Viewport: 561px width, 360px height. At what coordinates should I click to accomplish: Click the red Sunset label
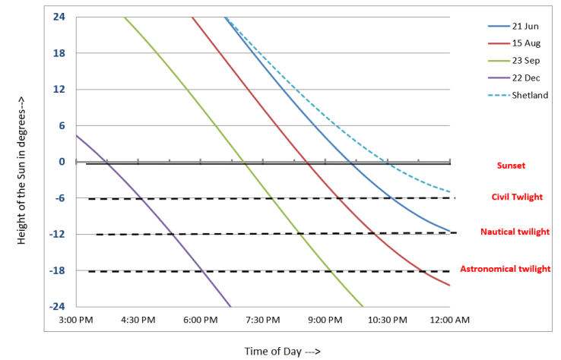click(511, 165)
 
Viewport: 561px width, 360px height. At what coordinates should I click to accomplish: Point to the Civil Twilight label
click(517, 197)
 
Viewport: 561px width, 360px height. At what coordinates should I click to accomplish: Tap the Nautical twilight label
click(515, 232)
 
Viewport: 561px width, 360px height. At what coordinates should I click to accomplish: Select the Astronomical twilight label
click(506, 269)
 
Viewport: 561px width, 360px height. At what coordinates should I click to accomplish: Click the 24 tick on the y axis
click(59, 17)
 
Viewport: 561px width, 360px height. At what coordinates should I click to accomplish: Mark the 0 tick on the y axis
click(62, 162)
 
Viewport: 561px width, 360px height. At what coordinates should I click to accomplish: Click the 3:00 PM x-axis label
click(75, 321)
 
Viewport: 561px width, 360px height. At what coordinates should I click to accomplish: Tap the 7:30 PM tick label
click(263, 321)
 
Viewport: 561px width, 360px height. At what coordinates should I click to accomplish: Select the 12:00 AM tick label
click(451, 321)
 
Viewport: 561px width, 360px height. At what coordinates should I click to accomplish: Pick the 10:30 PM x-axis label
click(388, 321)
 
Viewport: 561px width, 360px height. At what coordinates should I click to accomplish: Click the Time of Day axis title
click(282, 351)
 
